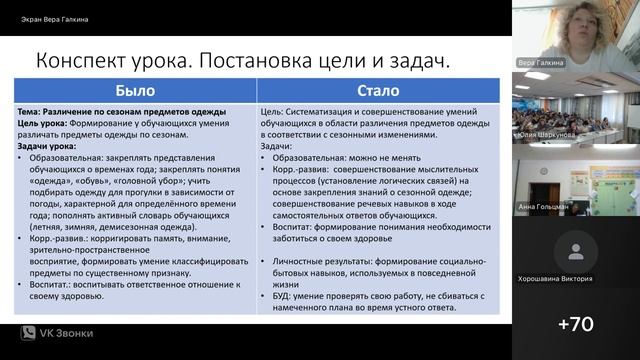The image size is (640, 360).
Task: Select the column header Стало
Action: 377,91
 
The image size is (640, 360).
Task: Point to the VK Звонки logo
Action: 57,332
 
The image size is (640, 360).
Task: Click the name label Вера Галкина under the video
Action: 541,62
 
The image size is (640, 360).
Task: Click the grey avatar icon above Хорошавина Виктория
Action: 576,250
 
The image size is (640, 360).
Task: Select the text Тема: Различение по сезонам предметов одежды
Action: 122,111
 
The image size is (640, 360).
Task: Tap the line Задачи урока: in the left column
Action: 50,146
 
